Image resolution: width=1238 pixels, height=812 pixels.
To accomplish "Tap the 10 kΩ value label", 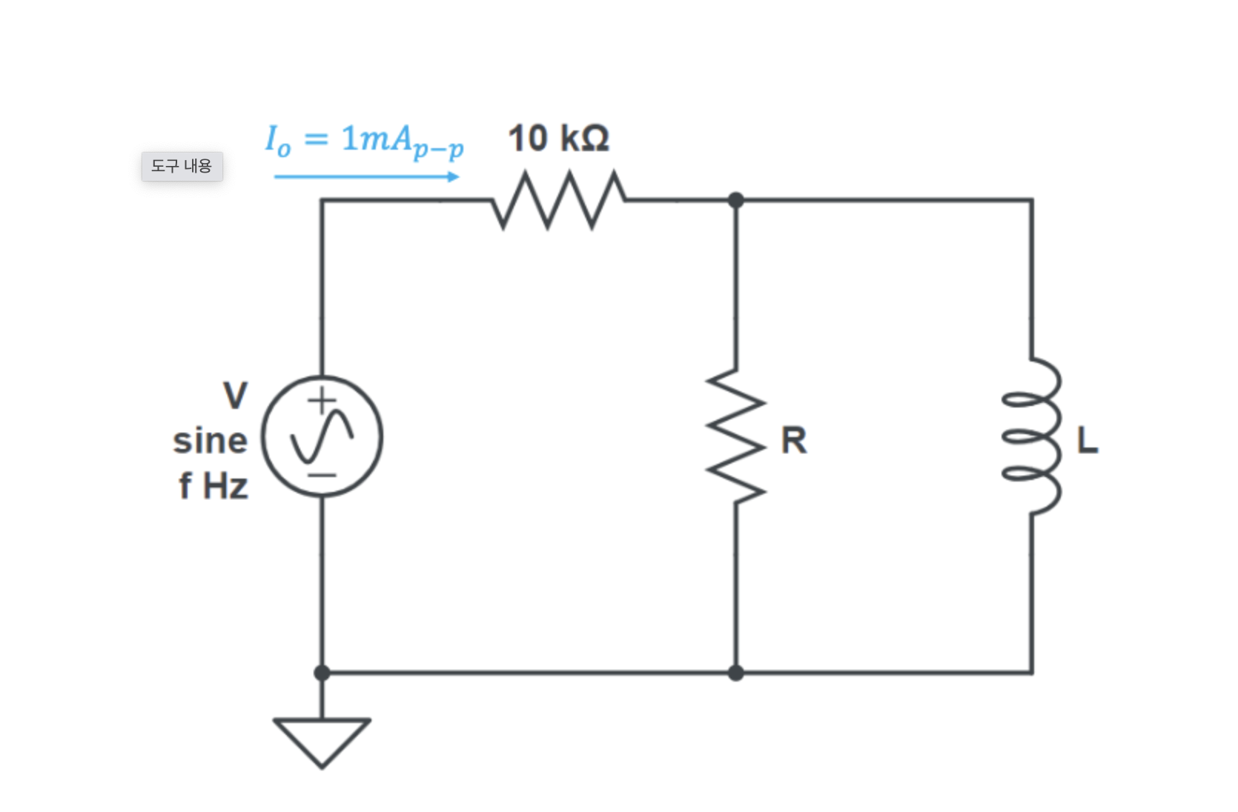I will tap(558, 139).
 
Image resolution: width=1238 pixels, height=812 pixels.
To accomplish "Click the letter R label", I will tap(793, 441).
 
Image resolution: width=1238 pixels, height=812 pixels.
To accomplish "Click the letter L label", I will tap(1087, 441).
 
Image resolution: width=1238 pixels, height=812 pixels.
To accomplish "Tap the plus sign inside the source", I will tap(322, 401).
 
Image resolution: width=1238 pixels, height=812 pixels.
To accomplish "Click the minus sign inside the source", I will tap(322, 475).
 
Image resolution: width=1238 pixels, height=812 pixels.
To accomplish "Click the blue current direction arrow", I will tap(367, 176).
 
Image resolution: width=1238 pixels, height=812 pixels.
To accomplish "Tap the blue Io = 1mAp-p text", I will tap(364, 140).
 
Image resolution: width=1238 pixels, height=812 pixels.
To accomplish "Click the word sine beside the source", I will tap(210, 441).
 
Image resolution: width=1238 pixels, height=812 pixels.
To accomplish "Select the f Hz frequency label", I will tap(213, 487).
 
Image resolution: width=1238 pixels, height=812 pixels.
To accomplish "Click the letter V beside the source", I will tap(235, 395).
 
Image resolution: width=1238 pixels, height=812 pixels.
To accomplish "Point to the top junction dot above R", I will tap(735, 200).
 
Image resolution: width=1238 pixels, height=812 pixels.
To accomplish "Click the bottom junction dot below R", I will tap(735, 673).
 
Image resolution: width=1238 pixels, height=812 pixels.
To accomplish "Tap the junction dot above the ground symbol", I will tap(322, 673).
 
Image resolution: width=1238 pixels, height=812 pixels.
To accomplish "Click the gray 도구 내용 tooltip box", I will tap(182, 166).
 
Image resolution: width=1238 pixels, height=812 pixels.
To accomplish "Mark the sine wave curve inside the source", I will tap(322, 437).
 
